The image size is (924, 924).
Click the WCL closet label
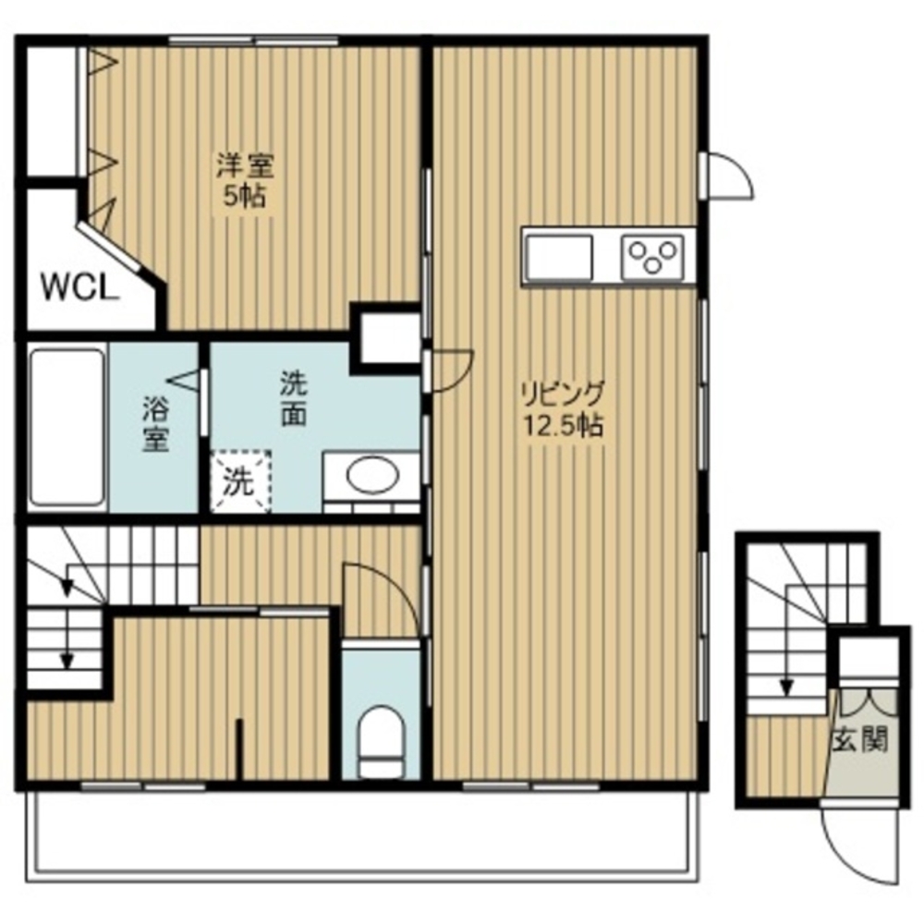(77, 289)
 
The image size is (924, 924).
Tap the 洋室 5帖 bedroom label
(245, 180)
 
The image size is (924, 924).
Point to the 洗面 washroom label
(293, 398)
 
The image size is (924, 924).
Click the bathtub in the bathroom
(67, 427)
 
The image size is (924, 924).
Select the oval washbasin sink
(372, 476)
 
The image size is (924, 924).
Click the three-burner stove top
(652, 256)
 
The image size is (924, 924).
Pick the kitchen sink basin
(559, 257)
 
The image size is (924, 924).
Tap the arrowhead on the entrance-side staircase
(786, 687)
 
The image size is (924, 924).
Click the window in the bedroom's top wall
(254, 41)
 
